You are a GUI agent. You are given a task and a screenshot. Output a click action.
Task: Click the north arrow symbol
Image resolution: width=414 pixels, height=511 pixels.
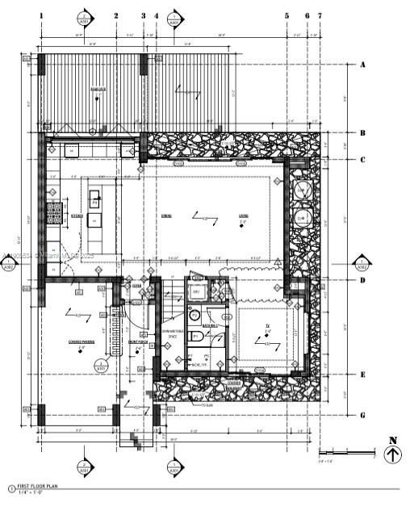393,454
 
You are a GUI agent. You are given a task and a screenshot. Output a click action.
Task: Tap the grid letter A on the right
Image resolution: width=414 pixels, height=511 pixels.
363,64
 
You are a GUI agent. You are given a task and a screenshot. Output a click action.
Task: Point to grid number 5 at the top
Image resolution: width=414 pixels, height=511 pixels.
286,15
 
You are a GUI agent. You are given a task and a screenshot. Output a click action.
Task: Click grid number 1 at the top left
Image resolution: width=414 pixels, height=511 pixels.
41,15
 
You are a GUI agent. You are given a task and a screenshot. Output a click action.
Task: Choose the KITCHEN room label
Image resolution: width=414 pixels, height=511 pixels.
77,216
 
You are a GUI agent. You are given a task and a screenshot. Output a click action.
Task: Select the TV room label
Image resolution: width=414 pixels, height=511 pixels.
267,325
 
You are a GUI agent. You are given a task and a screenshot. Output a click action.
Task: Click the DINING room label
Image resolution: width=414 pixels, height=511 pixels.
166,216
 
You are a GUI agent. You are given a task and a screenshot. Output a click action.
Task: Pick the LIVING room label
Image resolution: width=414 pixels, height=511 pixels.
243,216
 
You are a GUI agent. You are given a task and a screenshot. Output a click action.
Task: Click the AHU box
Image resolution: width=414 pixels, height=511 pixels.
196,291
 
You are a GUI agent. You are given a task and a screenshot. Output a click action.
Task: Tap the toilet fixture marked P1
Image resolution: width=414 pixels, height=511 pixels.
195,336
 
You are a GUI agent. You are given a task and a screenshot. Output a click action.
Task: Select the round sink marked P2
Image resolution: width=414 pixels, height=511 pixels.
194,314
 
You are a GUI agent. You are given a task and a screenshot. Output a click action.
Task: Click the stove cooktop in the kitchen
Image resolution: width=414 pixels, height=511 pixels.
53,214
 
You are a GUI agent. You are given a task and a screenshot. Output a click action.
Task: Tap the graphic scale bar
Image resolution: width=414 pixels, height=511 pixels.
346,450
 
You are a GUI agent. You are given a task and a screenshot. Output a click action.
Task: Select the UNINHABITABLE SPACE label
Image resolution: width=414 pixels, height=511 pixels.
174,333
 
